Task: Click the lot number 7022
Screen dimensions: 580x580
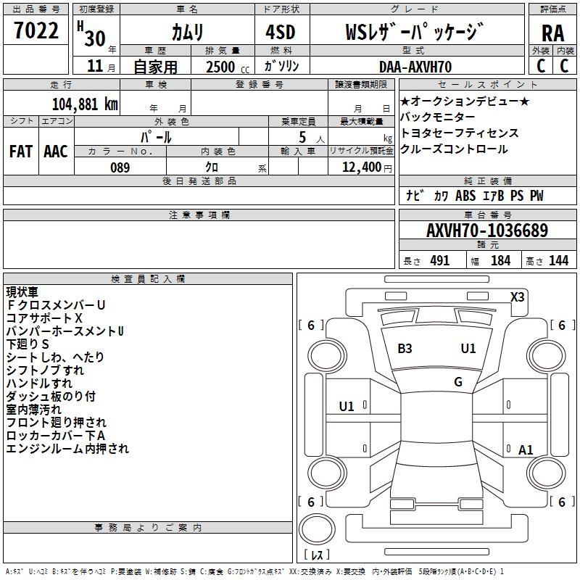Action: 36,32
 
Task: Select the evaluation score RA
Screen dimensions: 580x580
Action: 552,33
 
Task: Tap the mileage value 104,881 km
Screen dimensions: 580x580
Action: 85,104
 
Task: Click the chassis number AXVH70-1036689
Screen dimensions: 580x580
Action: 486,231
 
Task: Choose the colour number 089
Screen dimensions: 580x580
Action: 120,167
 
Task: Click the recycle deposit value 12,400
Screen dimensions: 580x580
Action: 360,167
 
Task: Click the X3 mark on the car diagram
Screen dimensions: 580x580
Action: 518,297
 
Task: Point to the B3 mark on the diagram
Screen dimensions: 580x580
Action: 405,349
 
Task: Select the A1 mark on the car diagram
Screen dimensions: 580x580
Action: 526,450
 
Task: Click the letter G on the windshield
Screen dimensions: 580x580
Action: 458,382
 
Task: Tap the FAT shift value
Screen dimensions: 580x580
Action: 20,152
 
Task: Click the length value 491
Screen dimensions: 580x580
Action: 440,261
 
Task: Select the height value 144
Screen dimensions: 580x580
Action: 558,261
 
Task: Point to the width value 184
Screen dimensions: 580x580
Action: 500,261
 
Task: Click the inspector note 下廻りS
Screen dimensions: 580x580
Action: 28,344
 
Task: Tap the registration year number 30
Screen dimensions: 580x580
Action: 95,38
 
